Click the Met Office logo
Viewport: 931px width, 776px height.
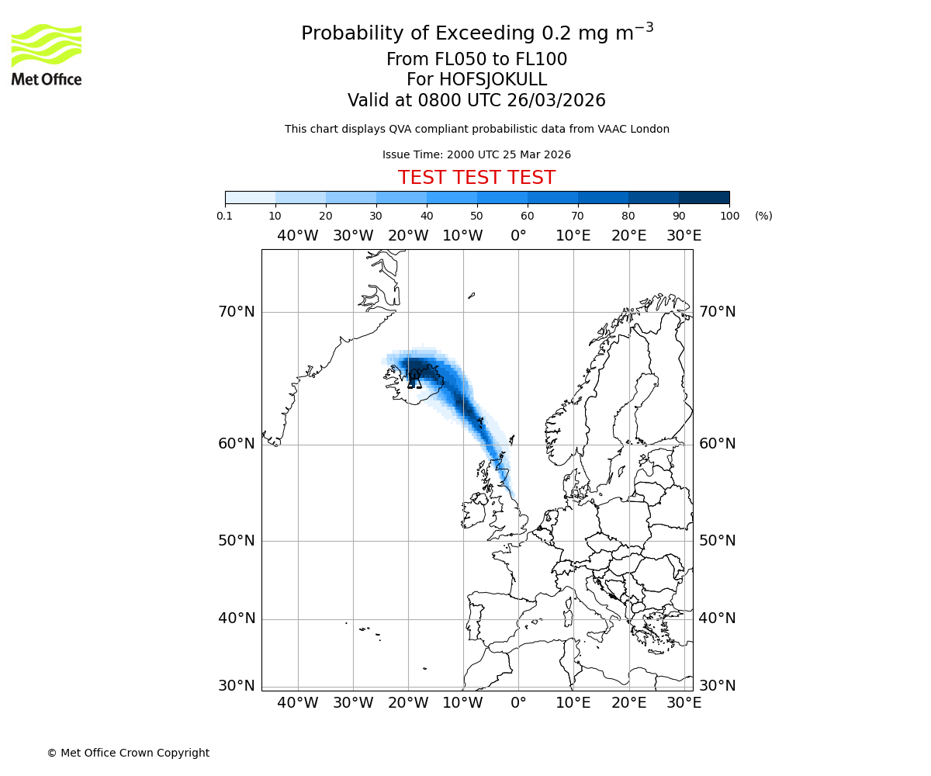click(x=47, y=54)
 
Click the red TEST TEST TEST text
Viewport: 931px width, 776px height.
click(x=476, y=178)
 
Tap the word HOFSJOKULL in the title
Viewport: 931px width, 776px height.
click(x=493, y=80)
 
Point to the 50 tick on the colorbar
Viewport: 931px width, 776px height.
click(x=477, y=216)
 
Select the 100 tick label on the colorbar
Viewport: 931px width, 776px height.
click(x=729, y=216)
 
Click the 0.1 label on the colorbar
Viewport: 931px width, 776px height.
click(x=225, y=216)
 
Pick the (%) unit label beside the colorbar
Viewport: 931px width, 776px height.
click(x=763, y=216)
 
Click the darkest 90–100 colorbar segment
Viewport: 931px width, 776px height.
click(x=704, y=197)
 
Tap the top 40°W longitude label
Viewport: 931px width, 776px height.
click(x=298, y=236)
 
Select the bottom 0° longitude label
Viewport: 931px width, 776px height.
click(x=518, y=703)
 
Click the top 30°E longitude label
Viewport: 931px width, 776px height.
click(x=684, y=236)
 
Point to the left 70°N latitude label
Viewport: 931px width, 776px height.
click(x=237, y=312)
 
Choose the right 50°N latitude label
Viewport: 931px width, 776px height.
click(x=717, y=541)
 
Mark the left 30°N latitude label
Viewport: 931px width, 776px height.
click(x=237, y=686)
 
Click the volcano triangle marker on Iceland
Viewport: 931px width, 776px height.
click(x=414, y=381)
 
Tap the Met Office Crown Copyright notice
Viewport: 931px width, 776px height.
click(x=128, y=753)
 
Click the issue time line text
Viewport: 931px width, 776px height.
click(x=476, y=154)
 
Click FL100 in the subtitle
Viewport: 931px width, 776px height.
click(x=542, y=60)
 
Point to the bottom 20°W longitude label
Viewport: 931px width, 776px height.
click(x=408, y=703)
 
